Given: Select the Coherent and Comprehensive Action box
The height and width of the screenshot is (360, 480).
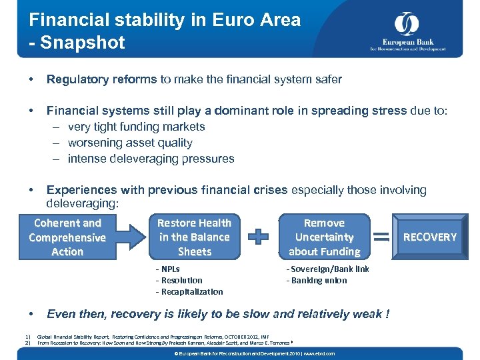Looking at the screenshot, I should [x=67, y=237].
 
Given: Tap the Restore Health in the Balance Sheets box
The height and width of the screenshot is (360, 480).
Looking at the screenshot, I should [x=194, y=237].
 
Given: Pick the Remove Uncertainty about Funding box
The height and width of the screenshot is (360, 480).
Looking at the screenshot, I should [x=324, y=237].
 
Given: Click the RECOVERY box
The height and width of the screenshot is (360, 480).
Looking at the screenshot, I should [x=430, y=237].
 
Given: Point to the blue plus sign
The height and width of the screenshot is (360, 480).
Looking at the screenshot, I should [x=259, y=237].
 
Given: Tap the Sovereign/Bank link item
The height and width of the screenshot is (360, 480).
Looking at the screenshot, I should [x=327, y=269].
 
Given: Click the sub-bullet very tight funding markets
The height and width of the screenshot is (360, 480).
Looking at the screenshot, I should [x=136, y=127].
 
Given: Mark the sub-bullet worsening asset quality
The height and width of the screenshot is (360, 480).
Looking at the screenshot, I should [x=130, y=143].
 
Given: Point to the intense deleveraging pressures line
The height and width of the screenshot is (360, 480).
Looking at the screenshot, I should [x=151, y=159].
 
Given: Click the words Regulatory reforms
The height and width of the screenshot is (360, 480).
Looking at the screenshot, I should [x=101, y=79].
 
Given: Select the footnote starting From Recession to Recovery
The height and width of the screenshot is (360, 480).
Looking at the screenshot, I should [x=163, y=343].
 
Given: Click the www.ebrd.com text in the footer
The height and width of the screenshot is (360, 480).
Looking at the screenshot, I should [x=320, y=353].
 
